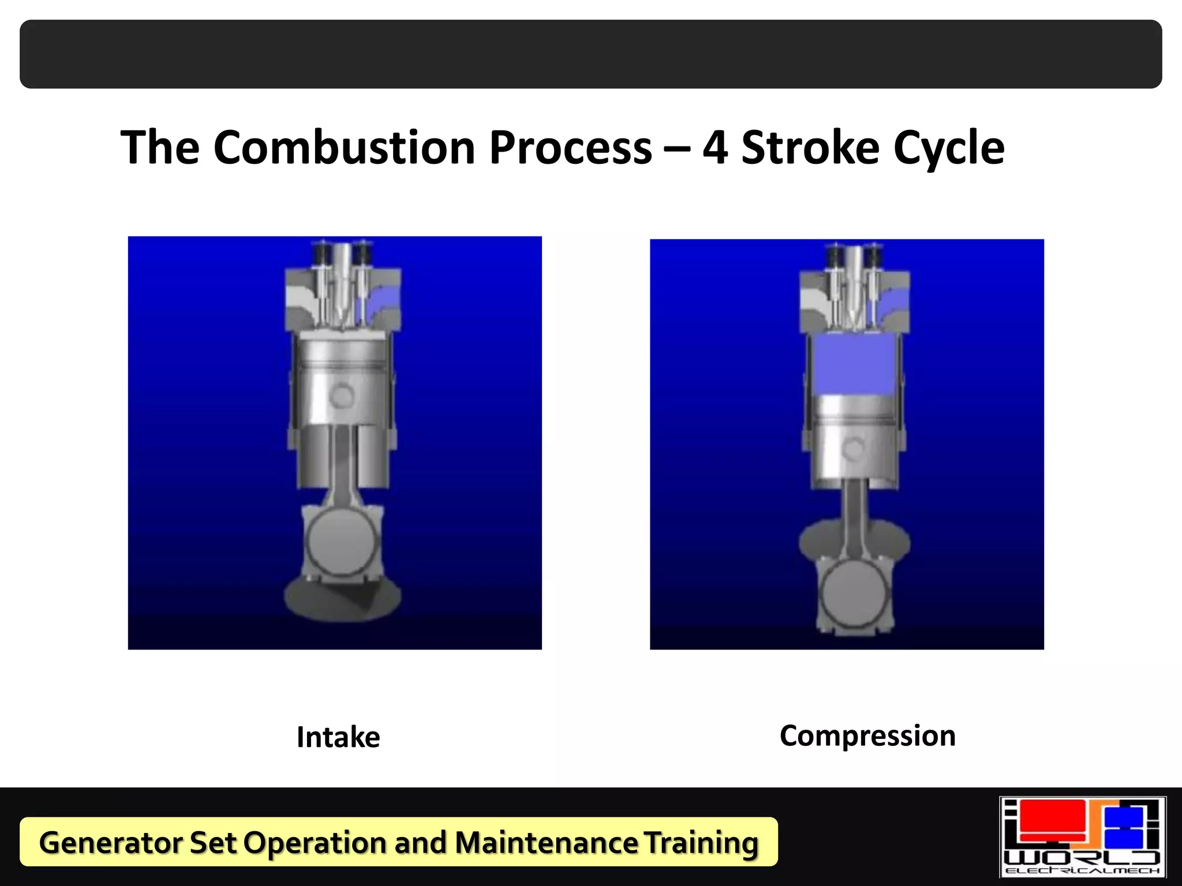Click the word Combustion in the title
pyautogui.click(x=345, y=148)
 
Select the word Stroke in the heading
pyautogui.click(x=810, y=148)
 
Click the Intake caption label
pyautogui.click(x=338, y=737)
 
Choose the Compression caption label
pyautogui.click(x=867, y=736)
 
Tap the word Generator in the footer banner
pyautogui.click(x=111, y=842)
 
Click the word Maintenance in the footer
pyautogui.click(x=546, y=842)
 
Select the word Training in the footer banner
pyautogui.click(x=701, y=842)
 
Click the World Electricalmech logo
pyautogui.click(x=1082, y=837)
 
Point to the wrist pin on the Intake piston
pyautogui.click(x=342, y=395)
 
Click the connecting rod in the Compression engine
pyautogui.click(x=853, y=519)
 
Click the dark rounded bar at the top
pyautogui.click(x=591, y=54)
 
